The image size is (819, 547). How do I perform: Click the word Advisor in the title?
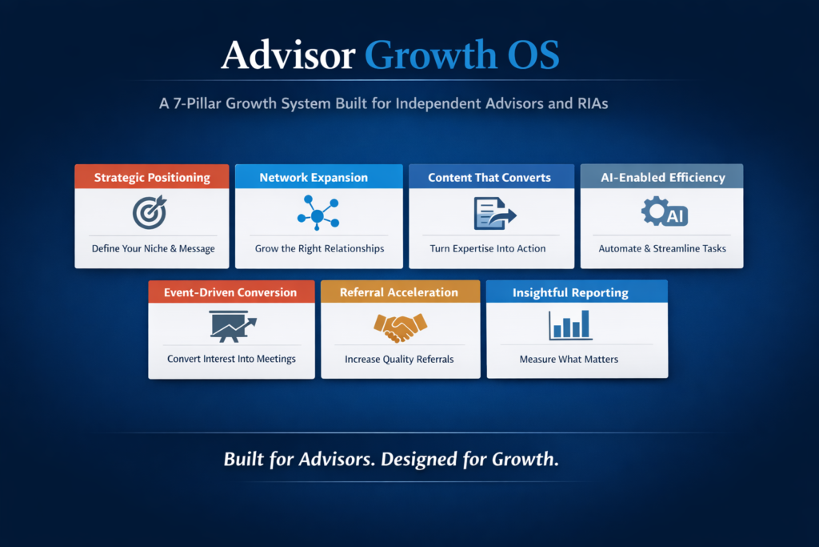[288, 55]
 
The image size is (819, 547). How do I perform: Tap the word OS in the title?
[533, 55]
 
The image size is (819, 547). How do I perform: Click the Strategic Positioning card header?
[152, 177]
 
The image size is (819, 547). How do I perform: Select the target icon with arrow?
[150, 212]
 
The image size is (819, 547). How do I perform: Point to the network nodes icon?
[318, 213]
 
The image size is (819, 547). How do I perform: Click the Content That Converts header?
[491, 177]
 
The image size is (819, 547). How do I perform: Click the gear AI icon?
[665, 211]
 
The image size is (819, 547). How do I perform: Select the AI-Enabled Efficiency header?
[661, 177]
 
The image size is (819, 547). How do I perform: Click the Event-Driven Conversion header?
[231, 292]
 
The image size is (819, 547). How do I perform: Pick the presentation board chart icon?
[233, 326]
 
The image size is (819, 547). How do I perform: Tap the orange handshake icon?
[401, 328]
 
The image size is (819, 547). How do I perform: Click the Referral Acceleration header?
[400, 292]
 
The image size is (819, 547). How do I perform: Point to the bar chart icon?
[569, 325]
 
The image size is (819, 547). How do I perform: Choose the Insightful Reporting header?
[577, 292]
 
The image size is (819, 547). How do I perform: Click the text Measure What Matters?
[569, 360]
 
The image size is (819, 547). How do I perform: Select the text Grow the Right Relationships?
[320, 249]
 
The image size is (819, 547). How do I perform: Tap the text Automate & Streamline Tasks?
[662, 249]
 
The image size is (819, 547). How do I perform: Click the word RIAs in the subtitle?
[593, 103]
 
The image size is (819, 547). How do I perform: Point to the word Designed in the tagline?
[418, 460]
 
